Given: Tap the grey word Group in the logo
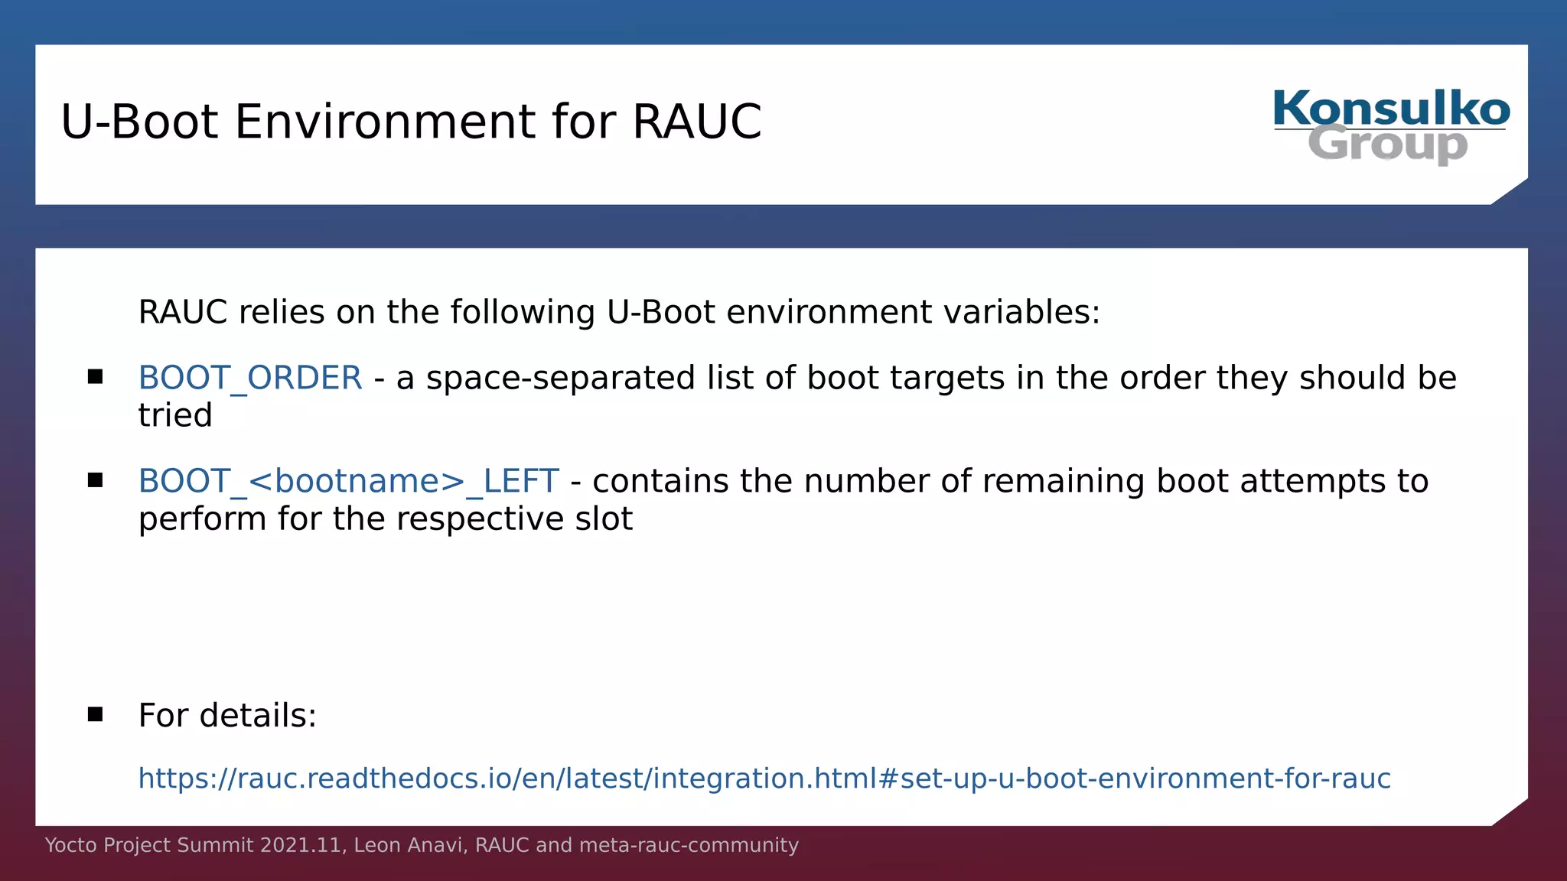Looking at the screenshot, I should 1387,145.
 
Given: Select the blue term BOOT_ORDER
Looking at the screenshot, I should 249,378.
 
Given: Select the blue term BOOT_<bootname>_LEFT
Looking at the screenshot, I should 348,481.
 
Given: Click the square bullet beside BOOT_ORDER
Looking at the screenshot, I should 95,376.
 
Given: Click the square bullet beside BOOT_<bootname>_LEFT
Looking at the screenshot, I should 95,480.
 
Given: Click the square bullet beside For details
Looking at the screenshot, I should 95,714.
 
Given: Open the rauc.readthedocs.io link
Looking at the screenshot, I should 764,779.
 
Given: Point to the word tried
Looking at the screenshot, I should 174,415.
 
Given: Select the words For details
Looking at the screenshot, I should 227,716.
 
